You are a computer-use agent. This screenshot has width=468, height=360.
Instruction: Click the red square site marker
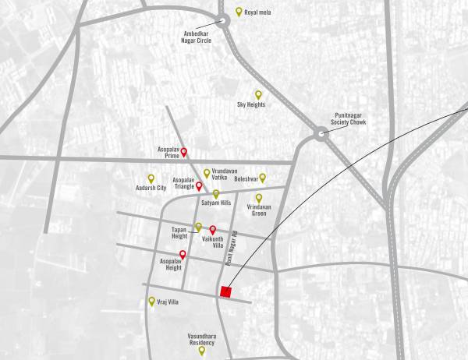226,292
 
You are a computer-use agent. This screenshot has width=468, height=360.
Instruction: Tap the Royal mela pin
239,12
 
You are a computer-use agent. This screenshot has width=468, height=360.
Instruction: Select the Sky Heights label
252,104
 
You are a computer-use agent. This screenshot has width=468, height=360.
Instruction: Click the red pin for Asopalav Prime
185,152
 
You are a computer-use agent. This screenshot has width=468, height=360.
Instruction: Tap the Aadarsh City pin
151,178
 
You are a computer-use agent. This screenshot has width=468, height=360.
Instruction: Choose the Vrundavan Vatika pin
207,173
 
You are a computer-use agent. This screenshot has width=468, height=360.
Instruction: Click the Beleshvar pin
262,177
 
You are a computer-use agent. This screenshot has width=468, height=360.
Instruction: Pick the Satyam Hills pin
216,193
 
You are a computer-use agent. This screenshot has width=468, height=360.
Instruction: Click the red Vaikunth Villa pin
212,229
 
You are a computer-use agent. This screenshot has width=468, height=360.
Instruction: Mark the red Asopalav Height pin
183,254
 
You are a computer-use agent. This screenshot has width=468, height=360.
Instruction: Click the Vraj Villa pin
151,301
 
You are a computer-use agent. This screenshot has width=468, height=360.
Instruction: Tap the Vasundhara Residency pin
201,350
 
